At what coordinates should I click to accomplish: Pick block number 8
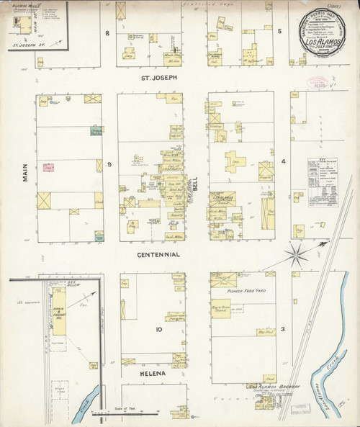click(x=107, y=32)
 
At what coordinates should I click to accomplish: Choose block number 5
click(x=279, y=32)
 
